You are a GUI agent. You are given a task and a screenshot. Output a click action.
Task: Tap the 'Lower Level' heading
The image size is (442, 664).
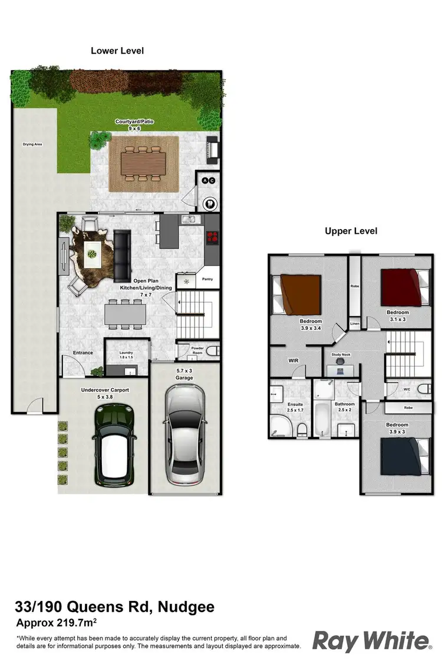[x=117, y=51]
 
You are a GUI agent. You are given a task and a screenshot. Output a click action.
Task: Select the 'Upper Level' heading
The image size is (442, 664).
[x=351, y=231]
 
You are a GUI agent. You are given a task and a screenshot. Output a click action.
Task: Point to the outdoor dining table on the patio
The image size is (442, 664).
[x=143, y=161]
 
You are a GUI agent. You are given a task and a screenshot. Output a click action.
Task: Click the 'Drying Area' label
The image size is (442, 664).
[x=32, y=144]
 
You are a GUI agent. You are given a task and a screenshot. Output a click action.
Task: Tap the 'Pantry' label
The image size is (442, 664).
[x=207, y=279]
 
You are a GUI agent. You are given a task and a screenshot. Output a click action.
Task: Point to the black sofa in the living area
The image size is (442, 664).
[x=123, y=256]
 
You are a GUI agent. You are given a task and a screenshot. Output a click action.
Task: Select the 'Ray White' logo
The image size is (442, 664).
[x=371, y=640]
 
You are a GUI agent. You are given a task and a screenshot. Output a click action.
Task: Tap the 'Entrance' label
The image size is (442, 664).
[x=83, y=353]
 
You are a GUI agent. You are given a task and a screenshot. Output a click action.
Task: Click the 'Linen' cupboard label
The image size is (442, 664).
[x=355, y=324]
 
